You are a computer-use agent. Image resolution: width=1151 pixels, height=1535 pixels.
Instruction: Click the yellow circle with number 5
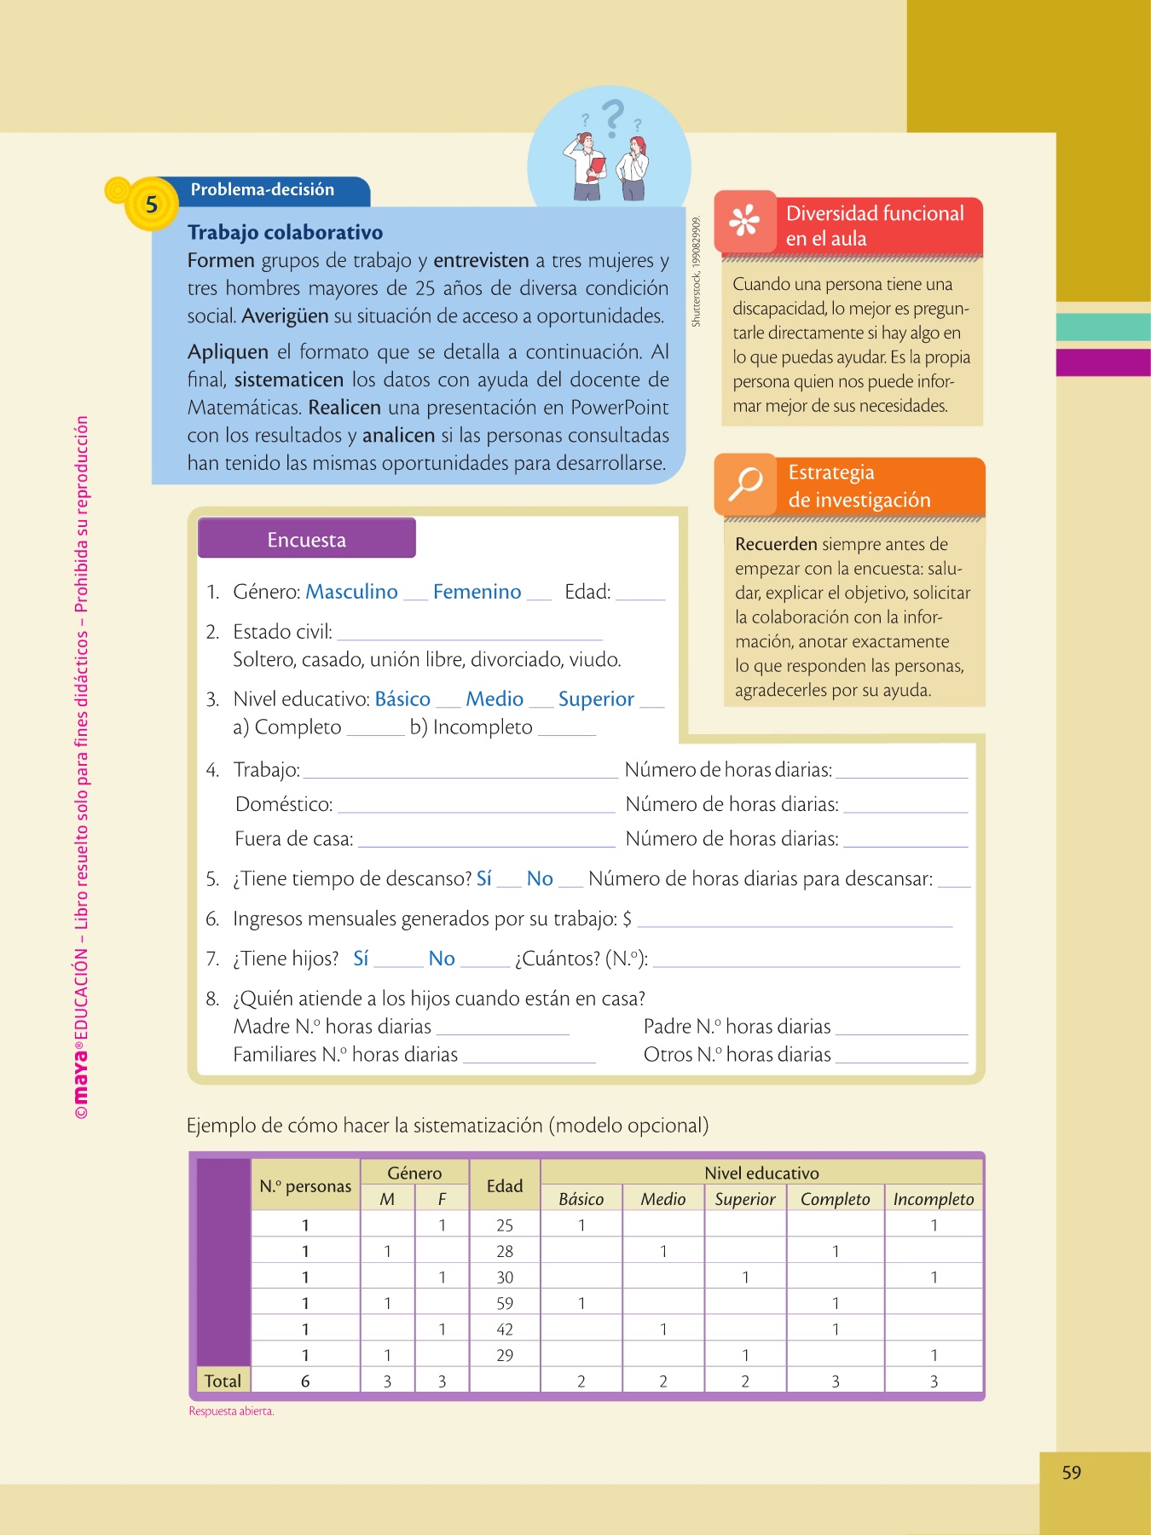[x=151, y=205]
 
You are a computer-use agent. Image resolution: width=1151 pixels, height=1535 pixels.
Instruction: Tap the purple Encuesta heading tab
[x=307, y=539]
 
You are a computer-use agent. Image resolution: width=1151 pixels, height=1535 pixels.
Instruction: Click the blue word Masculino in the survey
[x=351, y=591]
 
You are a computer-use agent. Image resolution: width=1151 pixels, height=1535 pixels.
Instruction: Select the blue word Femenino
[x=477, y=591]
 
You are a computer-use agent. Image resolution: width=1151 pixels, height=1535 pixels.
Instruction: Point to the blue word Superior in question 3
[x=596, y=698]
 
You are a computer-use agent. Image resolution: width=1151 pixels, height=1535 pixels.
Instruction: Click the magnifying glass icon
[x=745, y=484]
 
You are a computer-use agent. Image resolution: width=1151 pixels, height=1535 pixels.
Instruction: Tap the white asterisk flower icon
[x=744, y=221]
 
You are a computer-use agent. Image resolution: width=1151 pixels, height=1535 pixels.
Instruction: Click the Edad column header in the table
[x=505, y=1185]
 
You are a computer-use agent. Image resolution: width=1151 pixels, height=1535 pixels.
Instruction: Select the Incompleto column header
[x=934, y=1199]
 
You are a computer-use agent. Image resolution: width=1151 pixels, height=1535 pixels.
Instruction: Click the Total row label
[x=223, y=1381]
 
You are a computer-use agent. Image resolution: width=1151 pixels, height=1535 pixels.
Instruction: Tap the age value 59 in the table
[x=505, y=1303]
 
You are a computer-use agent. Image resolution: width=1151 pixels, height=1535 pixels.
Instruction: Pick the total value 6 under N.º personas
[x=305, y=1381]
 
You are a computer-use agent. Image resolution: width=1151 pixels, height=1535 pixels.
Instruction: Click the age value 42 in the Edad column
[x=505, y=1329]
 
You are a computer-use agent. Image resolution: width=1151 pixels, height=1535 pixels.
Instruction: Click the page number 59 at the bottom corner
[x=1072, y=1473]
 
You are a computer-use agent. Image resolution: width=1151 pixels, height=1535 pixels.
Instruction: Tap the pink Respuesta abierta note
[x=231, y=1411]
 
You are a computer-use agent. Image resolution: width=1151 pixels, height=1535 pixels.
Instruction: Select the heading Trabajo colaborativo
[x=285, y=232]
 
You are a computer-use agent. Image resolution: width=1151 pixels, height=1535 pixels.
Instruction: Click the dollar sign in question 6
[x=628, y=918]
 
